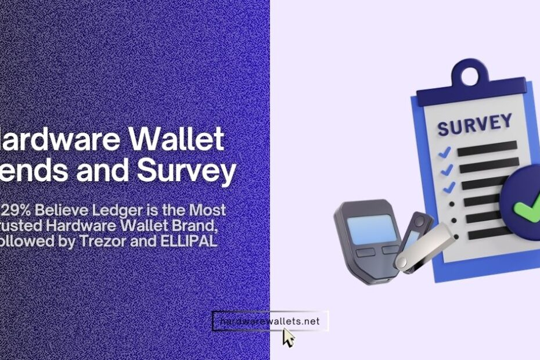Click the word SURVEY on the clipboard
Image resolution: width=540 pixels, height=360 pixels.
474,124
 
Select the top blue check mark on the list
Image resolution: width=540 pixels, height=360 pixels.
444,153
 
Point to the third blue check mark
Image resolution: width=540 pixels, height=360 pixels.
448,188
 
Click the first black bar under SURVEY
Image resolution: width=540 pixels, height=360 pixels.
487,147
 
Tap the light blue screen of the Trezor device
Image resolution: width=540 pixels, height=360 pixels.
369,228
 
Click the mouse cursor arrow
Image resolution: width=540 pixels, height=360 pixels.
288,337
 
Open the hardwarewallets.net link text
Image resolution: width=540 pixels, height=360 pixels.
270,321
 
